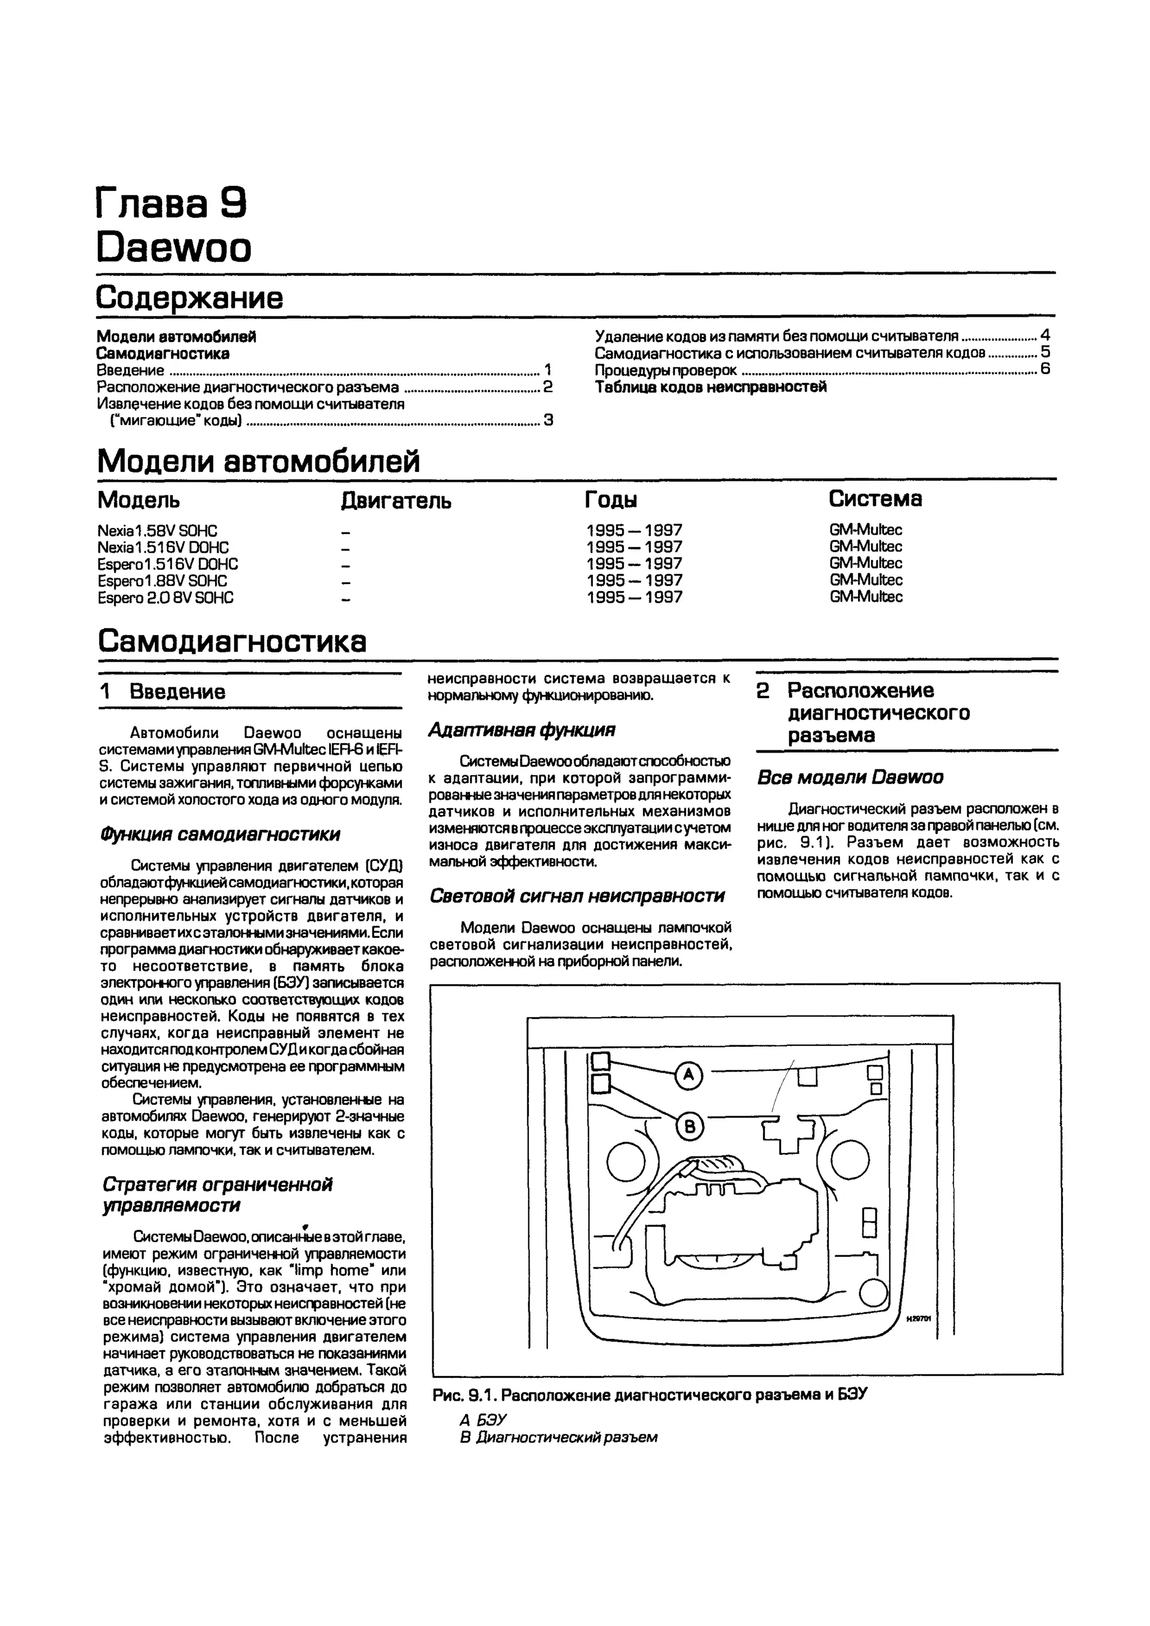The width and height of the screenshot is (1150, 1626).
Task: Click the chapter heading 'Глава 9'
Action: coord(171,204)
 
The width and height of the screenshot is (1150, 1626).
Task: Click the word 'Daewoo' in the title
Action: coord(174,248)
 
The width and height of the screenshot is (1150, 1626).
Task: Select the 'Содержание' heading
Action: coord(189,298)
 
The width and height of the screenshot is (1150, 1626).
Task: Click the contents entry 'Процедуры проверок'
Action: coord(665,370)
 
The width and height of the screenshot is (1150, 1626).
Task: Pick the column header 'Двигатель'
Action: coord(396,500)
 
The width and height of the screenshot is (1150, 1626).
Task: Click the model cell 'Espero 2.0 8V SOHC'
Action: coord(166,598)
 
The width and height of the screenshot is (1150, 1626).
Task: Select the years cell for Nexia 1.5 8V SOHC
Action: coord(635,530)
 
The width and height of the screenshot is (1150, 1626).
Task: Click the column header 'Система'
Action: coord(875,499)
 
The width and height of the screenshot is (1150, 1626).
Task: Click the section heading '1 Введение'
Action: coord(163,691)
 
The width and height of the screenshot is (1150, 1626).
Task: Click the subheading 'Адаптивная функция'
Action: coord(522,730)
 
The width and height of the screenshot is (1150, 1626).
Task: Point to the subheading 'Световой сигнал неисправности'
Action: coord(577,896)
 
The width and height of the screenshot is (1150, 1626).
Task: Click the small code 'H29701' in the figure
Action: coord(919,1319)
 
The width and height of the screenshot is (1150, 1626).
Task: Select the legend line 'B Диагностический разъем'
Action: coord(558,1437)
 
